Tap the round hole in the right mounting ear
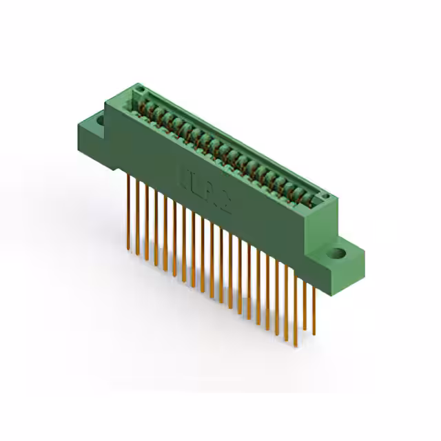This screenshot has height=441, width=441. (x=338, y=253)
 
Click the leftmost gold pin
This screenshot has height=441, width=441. (x=128, y=210)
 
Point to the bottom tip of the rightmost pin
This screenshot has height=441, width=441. (x=315, y=336)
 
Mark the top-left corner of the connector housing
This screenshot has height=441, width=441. (x=105, y=102)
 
